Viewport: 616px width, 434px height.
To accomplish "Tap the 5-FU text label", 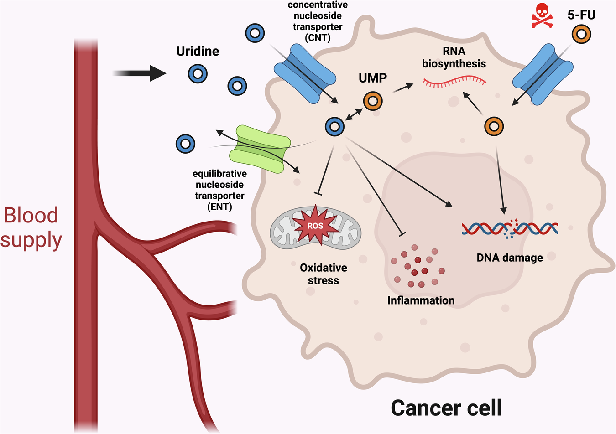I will [581, 15].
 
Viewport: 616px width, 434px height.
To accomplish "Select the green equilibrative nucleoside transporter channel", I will [260, 150].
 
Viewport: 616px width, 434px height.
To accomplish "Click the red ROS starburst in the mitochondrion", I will [315, 225].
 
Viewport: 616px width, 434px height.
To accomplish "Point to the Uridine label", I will [198, 51].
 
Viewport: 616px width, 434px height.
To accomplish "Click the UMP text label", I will [373, 78].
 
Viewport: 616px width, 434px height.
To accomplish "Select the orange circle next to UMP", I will [373, 101].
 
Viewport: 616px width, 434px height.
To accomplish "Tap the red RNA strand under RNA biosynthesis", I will [454, 82].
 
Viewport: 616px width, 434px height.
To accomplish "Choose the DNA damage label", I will [510, 258].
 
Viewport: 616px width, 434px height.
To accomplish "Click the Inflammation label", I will [421, 300].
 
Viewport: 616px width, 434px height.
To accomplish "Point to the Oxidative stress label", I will [323, 274].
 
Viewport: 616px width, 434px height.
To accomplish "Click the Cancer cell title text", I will [446, 407].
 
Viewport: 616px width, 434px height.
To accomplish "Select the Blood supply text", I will [31, 227].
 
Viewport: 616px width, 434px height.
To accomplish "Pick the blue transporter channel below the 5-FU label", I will [543, 73].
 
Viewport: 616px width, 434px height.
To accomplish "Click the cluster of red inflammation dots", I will [418, 266].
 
